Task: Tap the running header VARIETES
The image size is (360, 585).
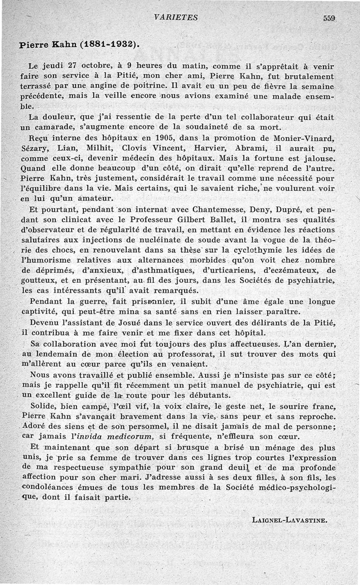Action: point(175,18)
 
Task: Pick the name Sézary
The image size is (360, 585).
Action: point(35,147)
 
